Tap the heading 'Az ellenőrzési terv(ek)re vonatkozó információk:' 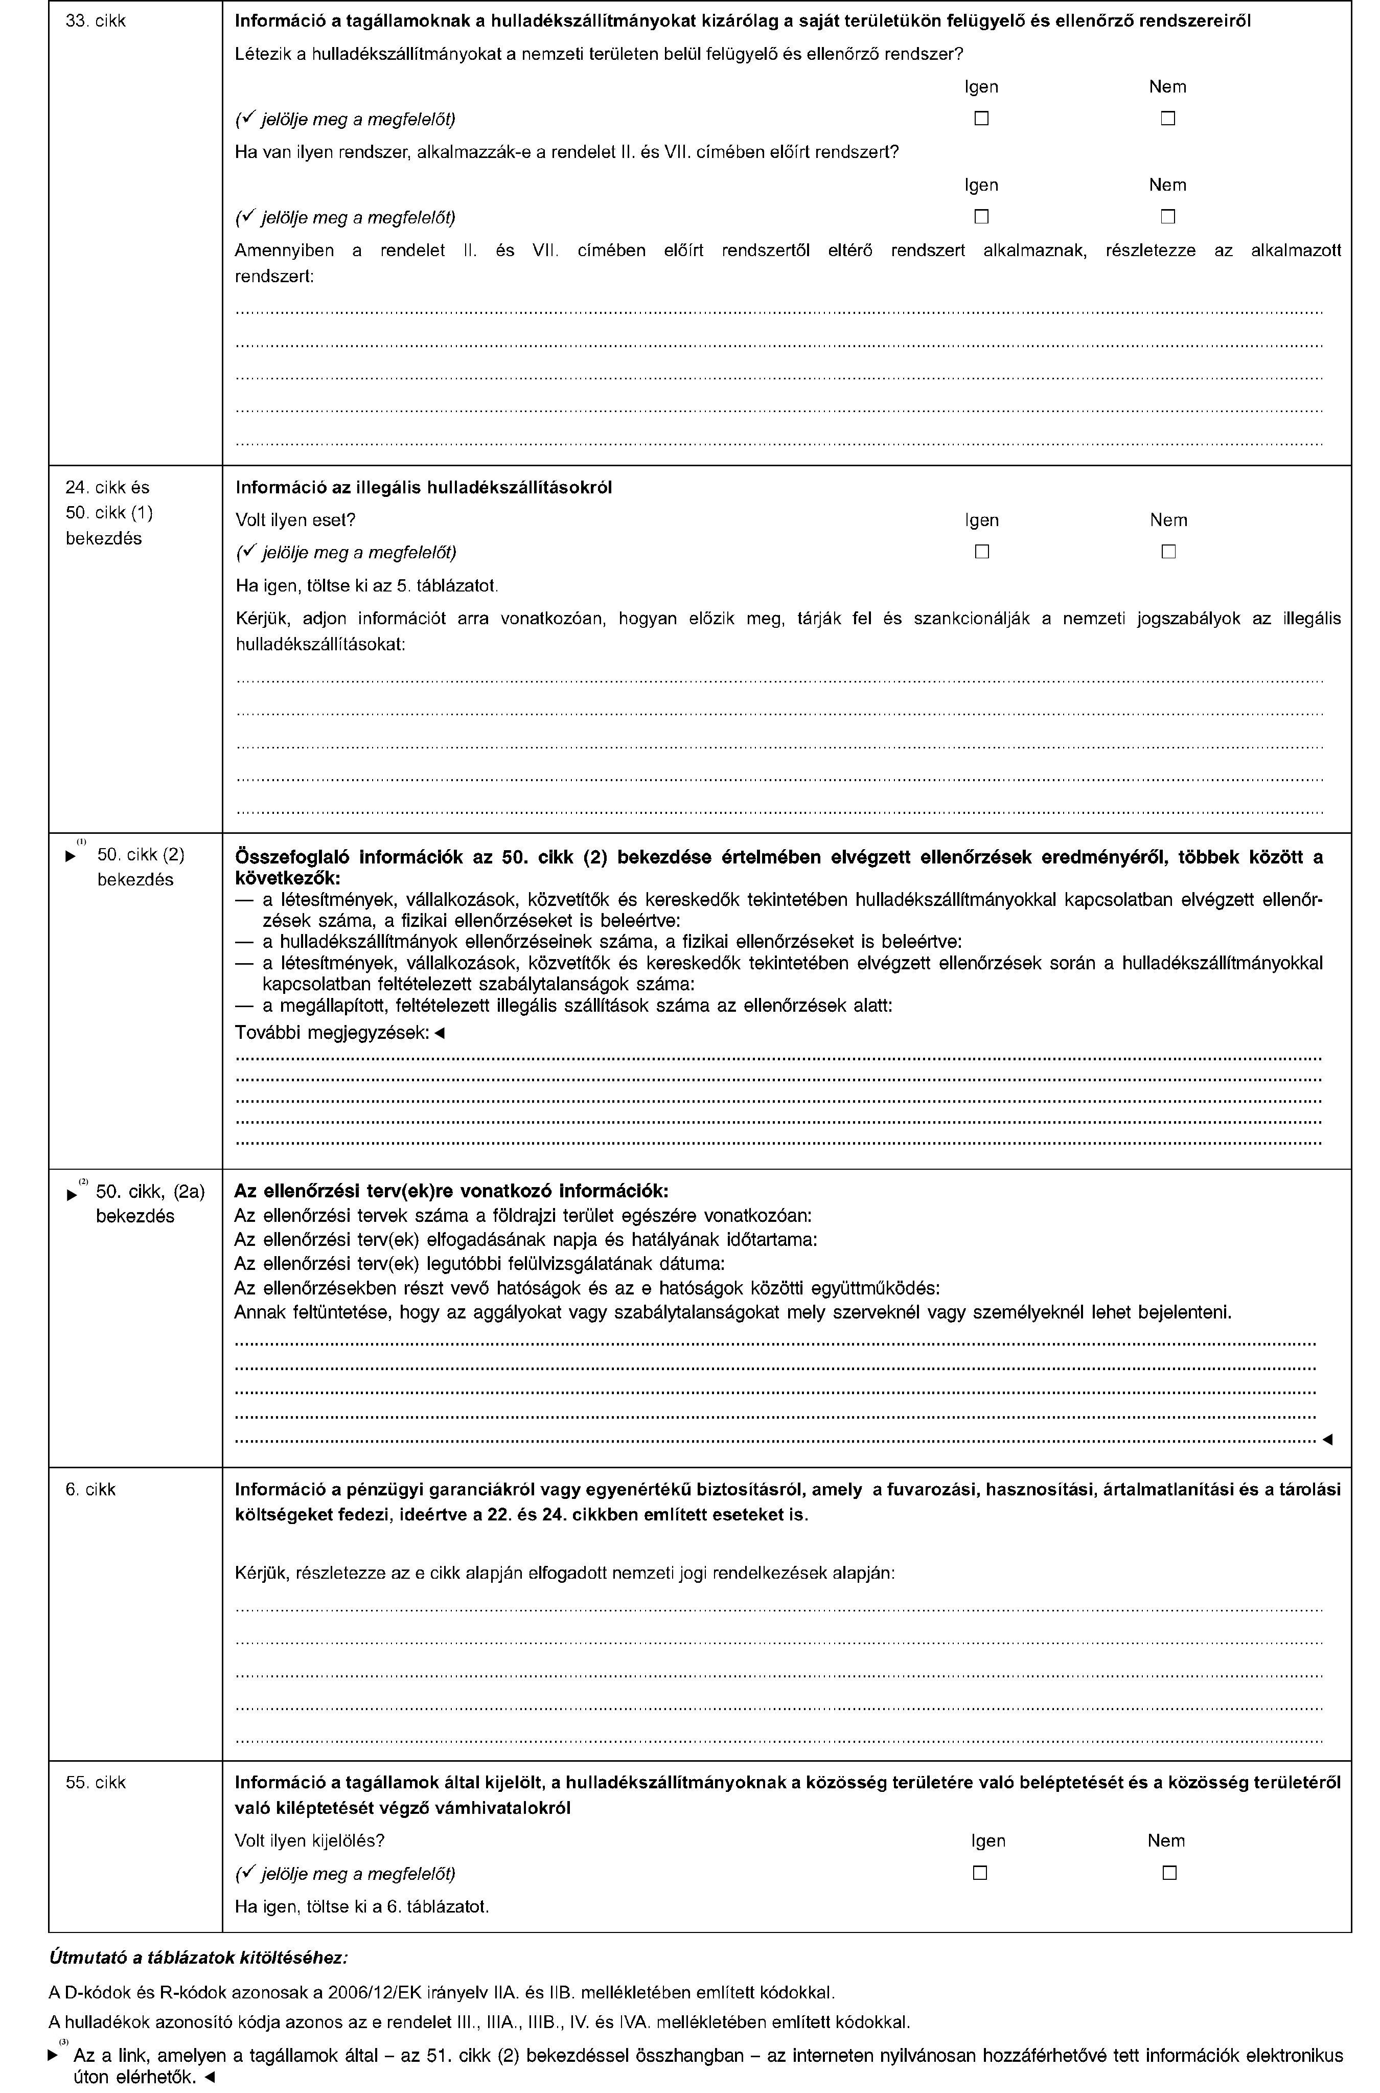[x=451, y=1191]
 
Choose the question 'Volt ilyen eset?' [x=295, y=520]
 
